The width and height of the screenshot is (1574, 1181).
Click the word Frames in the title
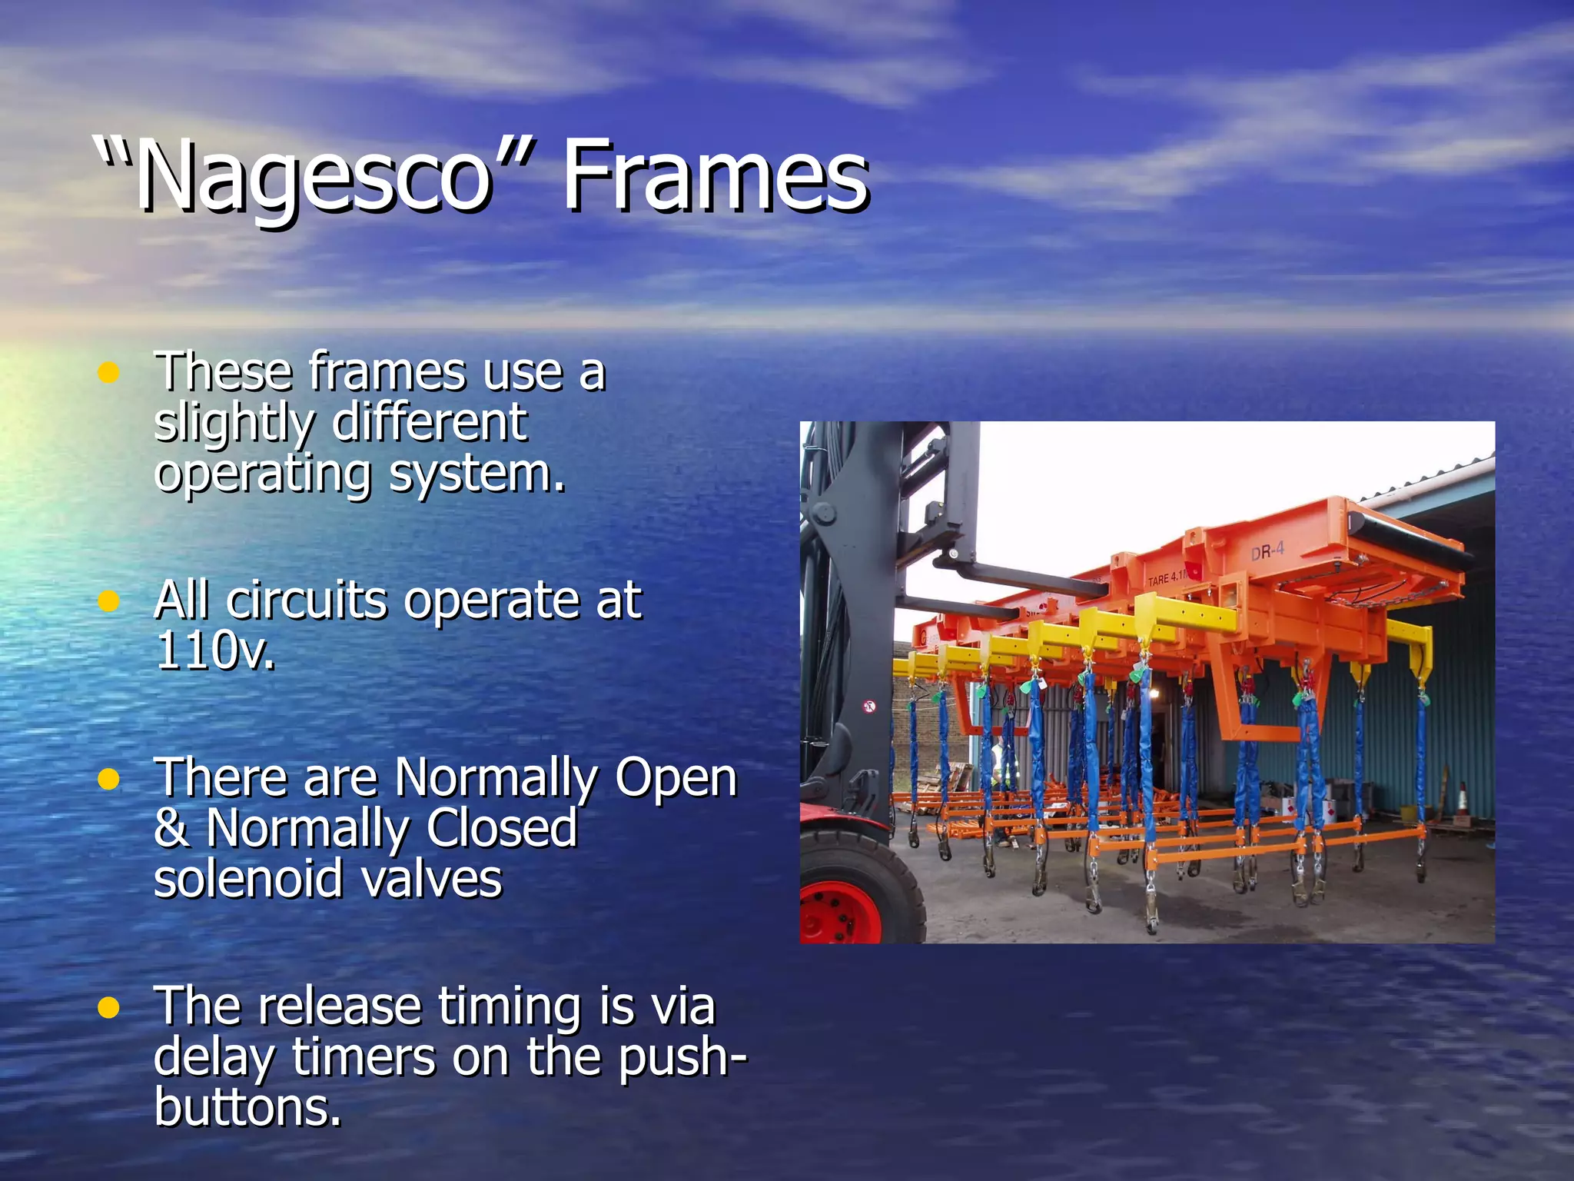tap(715, 177)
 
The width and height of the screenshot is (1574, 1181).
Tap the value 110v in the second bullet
tap(214, 650)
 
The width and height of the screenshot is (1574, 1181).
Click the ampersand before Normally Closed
tap(171, 828)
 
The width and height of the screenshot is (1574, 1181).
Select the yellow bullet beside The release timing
tap(109, 1007)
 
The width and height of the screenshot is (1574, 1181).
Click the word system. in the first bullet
tap(477, 472)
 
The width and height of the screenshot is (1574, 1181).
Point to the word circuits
tap(307, 600)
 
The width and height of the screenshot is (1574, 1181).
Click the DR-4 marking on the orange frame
tap(1267, 551)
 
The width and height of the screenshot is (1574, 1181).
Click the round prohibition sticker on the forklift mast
tap(869, 705)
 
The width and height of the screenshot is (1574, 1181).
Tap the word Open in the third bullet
tap(676, 777)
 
